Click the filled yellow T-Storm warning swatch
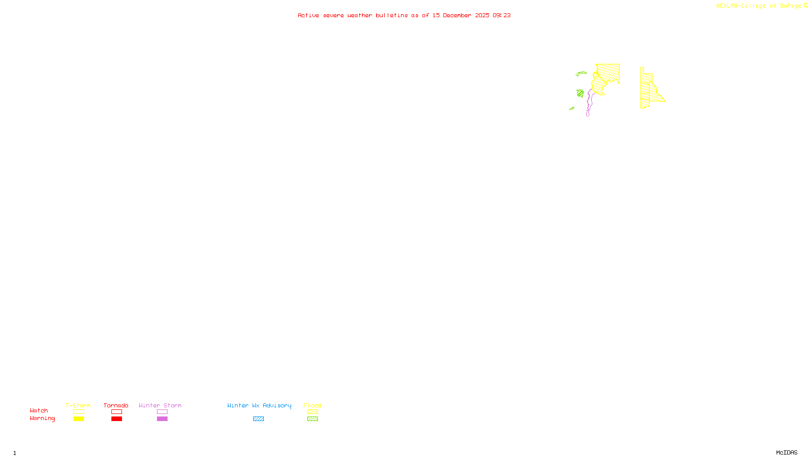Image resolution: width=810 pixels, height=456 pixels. [x=78, y=419]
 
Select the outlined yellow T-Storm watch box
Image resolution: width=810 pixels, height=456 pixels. [x=78, y=412]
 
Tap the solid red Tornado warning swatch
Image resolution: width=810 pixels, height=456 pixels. [x=116, y=419]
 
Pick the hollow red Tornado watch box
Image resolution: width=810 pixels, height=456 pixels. [x=116, y=412]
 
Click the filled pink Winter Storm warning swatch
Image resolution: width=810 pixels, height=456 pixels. [x=162, y=419]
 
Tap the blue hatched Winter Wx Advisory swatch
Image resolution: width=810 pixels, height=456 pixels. [x=258, y=419]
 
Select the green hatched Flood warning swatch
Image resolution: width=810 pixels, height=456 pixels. [x=312, y=419]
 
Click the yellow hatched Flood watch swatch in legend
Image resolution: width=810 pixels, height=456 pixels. [x=312, y=412]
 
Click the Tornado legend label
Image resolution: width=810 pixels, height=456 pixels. [x=116, y=405]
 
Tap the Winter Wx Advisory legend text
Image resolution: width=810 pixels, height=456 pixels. [x=259, y=405]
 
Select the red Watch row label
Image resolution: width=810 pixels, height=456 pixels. [x=39, y=410]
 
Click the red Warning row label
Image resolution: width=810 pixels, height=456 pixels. [x=42, y=419]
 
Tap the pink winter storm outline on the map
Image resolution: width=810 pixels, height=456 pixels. [x=588, y=104]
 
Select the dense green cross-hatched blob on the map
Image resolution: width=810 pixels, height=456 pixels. [x=580, y=93]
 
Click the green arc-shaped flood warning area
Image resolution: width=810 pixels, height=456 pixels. [x=581, y=73]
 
